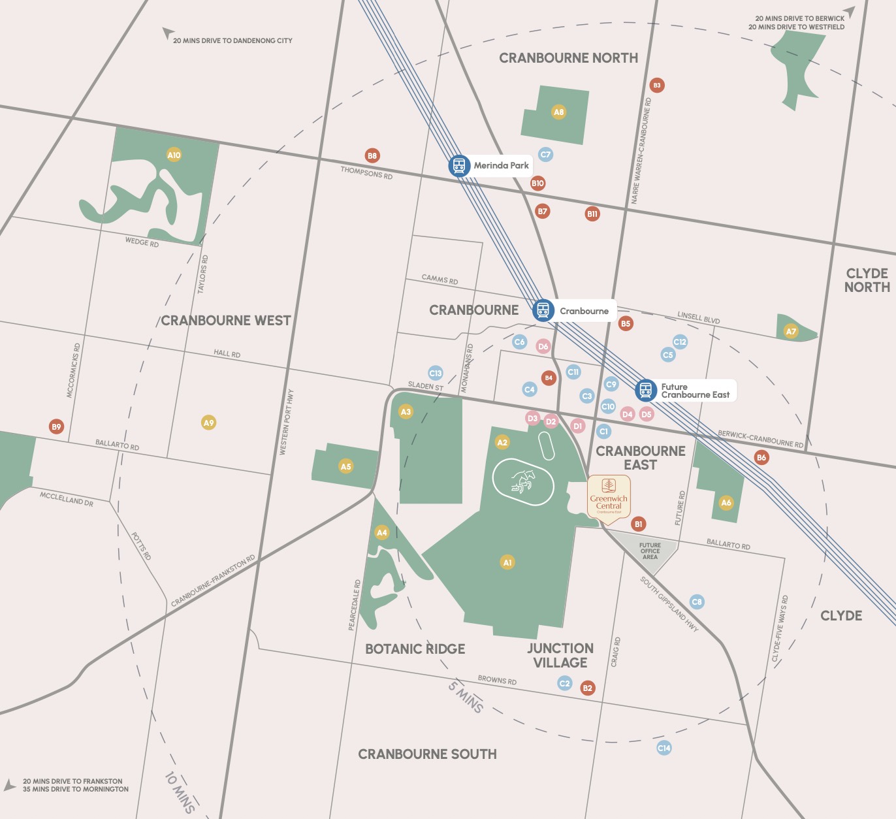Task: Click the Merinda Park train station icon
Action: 459,166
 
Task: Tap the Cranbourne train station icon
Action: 543,310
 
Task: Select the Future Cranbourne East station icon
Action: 646,391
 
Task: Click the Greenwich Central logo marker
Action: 609,494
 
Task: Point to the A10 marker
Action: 174,155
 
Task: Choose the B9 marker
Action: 56,426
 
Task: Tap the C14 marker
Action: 664,748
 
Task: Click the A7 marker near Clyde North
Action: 791,331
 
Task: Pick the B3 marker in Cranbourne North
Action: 657,85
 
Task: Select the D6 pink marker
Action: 543,346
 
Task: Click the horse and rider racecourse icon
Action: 523,481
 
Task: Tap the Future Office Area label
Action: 650,551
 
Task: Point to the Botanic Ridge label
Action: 415,649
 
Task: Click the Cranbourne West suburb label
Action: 226,321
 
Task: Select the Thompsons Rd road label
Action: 366,173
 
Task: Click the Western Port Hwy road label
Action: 286,422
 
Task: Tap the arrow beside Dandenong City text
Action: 167,33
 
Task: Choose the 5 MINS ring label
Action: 466,696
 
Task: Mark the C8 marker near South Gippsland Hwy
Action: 697,602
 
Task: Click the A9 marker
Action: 208,423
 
